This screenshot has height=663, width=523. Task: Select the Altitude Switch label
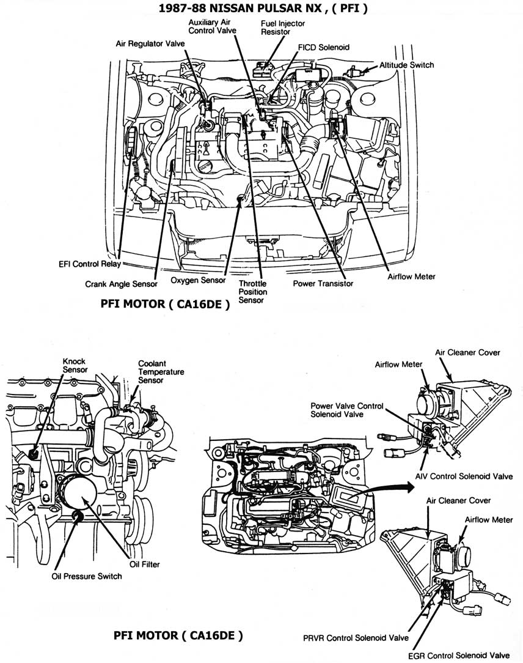(x=406, y=65)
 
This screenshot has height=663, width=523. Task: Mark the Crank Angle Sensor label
(x=122, y=284)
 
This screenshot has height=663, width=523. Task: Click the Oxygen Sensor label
(x=197, y=281)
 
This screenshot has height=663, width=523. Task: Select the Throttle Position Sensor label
(x=252, y=292)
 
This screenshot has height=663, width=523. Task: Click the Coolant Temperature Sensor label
(x=161, y=371)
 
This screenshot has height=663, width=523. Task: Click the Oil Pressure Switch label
(x=87, y=576)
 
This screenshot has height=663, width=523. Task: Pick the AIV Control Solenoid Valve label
(x=464, y=476)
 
